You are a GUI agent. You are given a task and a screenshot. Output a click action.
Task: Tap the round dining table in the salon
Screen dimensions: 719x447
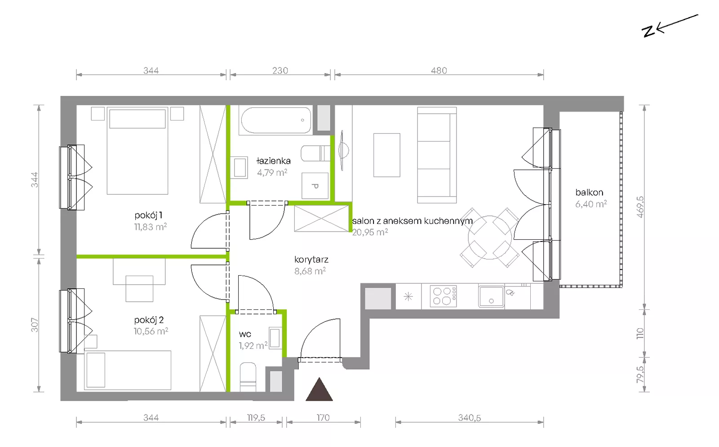[x=490, y=237]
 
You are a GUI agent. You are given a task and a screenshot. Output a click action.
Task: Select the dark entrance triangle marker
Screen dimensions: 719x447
[x=319, y=389]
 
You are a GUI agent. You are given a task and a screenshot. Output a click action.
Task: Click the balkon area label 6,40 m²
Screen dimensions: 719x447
[x=591, y=204]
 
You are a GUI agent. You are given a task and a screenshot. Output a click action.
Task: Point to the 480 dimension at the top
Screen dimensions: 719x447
[x=439, y=70]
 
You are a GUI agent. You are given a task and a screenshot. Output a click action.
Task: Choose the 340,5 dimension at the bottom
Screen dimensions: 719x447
[x=469, y=417]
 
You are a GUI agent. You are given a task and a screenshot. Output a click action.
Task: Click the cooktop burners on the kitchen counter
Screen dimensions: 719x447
[x=443, y=296]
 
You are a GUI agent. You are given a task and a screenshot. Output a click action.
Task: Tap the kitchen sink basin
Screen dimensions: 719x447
[x=491, y=296]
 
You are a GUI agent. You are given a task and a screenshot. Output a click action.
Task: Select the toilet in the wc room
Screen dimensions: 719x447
[x=248, y=377]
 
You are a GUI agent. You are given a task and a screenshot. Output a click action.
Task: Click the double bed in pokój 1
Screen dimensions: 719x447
[x=138, y=151]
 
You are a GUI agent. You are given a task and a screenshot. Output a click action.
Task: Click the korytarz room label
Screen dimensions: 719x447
[x=311, y=259]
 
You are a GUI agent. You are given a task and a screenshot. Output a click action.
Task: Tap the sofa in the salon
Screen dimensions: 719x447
[x=437, y=155]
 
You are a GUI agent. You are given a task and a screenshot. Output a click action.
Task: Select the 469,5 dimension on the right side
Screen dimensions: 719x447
[x=640, y=207]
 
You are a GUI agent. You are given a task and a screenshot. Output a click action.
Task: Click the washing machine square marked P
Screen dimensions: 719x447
[x=315, y=186]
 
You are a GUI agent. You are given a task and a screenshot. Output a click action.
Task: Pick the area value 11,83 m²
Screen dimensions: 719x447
[x=151, y=227]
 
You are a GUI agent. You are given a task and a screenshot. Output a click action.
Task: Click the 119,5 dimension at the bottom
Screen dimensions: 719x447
[x=256, y=417]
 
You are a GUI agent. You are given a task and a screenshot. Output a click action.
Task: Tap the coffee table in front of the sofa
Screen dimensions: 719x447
[x=387, y=155]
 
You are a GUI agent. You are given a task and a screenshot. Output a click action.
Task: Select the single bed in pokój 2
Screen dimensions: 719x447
[x=128, y=370]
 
